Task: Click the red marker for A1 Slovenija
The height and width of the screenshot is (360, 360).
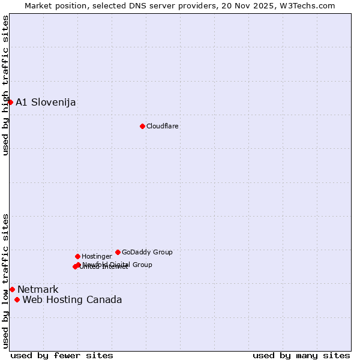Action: pos(10,102)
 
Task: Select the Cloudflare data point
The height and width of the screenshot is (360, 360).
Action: pos(142,126)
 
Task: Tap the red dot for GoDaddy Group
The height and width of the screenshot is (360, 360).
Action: pos(118,252)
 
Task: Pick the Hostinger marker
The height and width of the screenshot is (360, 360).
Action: pos(77,256)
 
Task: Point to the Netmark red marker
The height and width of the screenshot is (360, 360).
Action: pos(12,289)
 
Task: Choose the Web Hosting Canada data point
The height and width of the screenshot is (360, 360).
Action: pos(17,299)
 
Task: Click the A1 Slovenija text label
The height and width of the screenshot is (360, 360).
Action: pos(46,102)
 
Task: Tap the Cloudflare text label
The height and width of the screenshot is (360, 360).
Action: pos(163,126)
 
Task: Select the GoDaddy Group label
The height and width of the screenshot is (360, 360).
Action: pos(147,252)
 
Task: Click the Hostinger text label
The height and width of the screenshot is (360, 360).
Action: pos(97,256)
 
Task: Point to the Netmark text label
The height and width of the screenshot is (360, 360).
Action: pos(38,290)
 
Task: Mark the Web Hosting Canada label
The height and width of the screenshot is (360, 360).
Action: pos(72,300)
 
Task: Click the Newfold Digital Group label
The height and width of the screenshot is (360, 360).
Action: pos(118,264)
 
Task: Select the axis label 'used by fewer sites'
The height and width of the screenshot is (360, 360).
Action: pos(62,355)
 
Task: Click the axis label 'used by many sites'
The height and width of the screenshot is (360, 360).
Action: pos(301,355)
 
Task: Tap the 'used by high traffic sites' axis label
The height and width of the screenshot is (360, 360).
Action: pos(5,85)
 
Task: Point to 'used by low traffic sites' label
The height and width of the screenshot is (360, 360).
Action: pos(5,280)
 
